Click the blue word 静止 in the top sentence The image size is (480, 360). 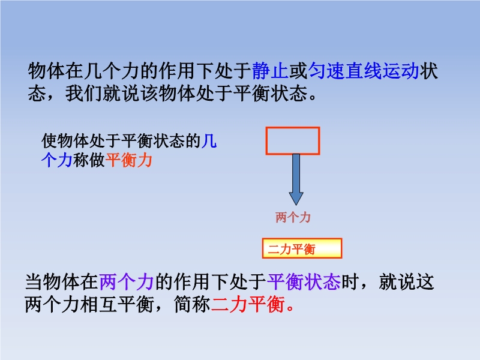coord(271,71)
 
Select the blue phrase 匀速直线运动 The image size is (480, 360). coord(364,71)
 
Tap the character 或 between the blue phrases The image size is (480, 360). coord(298,71)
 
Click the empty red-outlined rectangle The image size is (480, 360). coord(293,127)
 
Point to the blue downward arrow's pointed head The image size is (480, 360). coord(296,204)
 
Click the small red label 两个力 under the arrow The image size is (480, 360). coord(293,218)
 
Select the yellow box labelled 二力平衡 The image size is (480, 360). coord(302,248)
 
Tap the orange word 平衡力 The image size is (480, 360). coord(129,160)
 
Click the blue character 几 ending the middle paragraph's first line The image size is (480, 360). coord(209,141)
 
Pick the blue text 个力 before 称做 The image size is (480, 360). coord(57,160)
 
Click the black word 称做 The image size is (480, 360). coord(89,160)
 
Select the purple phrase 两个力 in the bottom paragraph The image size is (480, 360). coord(127,282)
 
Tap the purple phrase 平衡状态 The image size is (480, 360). coord(304,282)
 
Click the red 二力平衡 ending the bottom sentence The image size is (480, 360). coord(248,305)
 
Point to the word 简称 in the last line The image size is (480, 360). coord(192,305)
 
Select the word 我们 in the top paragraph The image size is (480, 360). coord(83,94)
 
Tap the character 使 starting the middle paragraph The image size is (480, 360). coord(49,141)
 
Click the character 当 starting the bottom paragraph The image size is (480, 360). coord(34,282)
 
